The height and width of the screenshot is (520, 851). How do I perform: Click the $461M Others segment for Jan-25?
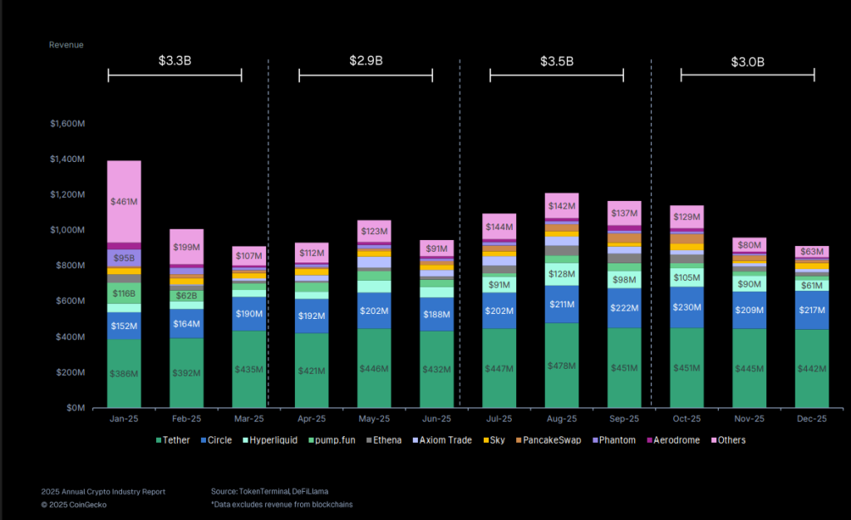click(x=124, y=201)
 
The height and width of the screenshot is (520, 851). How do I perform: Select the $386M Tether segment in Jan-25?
click(x=124, y=373)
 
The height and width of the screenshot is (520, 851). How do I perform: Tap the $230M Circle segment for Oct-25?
click(x=686, y=307)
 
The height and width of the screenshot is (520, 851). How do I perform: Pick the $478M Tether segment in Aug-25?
click(x=561, y=365)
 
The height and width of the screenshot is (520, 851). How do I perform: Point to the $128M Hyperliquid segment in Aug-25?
click(x=561, y=274)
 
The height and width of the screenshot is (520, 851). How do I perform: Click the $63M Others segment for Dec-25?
click(x=812, y=252)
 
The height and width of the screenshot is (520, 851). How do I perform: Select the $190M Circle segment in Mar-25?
click(x=248, y=314)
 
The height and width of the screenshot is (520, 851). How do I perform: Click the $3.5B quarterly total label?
click(x=556, y=61)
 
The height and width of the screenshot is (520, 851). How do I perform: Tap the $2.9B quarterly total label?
click(x=366, y=61)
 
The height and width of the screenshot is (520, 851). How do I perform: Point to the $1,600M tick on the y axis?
click(x=67, y=124)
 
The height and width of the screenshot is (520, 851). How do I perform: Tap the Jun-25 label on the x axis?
click(x=436, y=419)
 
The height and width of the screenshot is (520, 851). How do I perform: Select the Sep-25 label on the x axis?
click(x=624, y=419)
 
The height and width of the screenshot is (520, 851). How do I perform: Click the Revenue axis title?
click(x=66, y=45)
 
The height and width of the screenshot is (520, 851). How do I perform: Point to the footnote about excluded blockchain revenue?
click(x=282, y=504)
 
